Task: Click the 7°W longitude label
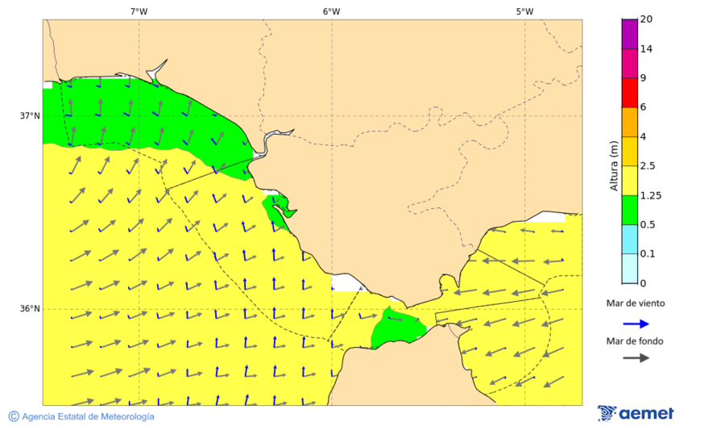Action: pyautogui.click(x=139, y=11)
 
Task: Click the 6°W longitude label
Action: pyautogui.click(x=331, y=11)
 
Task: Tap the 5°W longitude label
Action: pyautogui.click(x=524, y=11)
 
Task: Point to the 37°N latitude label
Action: pyautogui.click(x=30, y=115)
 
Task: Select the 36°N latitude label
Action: pyautogui.click(x=30, y=309)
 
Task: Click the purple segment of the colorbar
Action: pyautogui.click(x=630, y=34)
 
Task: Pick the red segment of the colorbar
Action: pyautogui.click(x=630, y=92)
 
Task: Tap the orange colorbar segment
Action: pyautogui.click(x=630, y=121)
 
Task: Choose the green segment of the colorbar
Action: pyautogui.click(x=630, y=209)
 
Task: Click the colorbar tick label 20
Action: pyautogui.click(x=646, y=19)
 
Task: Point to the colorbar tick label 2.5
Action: pyautogui.click(x=648, y=166)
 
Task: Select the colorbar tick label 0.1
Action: pyautogui.click(x=648, y=254)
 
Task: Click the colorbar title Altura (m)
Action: pyautogui.click(x=614, y=166)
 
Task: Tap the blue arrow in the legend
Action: pyautogui.click(x=636, y=324)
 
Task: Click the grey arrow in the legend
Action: pyautogui.click(x=636, y=357)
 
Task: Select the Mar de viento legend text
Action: pyautogui.click(x=636, y=303)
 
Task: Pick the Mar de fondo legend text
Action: pyautogui.click(x=636, y=340)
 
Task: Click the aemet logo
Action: pyautogui.click(x=636, y=413)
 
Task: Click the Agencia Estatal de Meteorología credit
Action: pyautogui.click(x=81, y=416)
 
